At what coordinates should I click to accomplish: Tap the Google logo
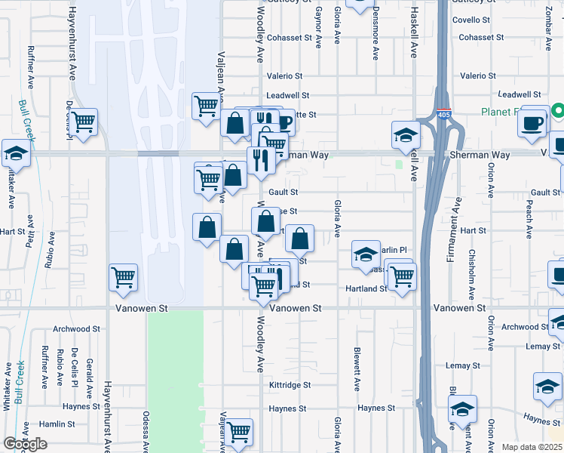(25, 444)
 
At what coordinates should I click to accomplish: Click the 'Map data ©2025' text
(532, 447)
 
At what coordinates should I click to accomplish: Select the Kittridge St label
(290, 385)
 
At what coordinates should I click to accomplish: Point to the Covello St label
(481, 21)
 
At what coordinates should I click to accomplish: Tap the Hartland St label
(366, 288)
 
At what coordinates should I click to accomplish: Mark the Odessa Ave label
(146, 430)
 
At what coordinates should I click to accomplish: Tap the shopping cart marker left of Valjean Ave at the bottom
(238, 433)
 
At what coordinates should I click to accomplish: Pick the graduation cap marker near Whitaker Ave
(16, 153)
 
